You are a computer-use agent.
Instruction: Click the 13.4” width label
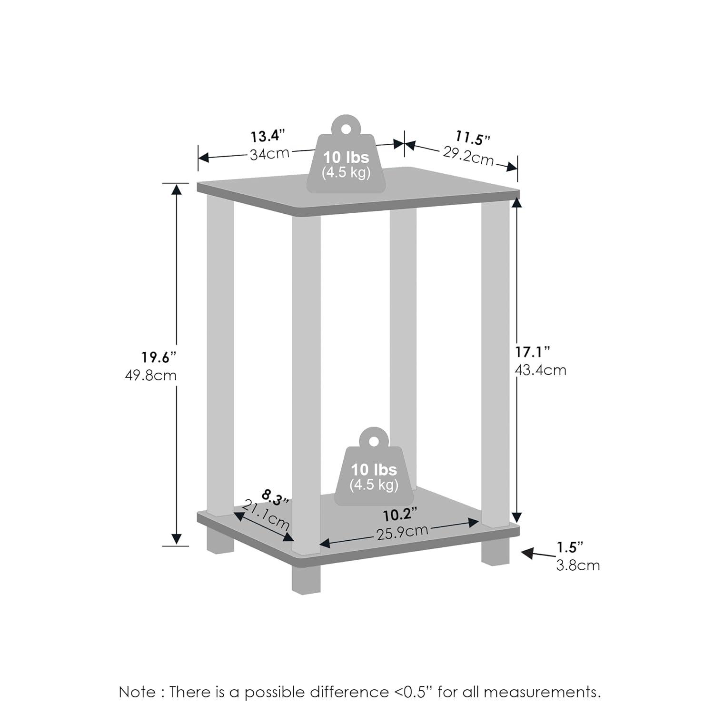pos(268,136)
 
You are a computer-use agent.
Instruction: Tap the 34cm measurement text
pos(269,154)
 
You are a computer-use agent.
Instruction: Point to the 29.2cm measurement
pos(468,156)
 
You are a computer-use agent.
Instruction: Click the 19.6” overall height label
pos(159,357)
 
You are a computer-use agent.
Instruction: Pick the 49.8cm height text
pos(151,376)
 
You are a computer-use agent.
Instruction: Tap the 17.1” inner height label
pos(533,352)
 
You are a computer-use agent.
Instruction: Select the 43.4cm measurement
pos(541,370)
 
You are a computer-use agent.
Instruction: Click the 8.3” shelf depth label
pos(275,498)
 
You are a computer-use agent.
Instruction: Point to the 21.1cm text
pos(266,516)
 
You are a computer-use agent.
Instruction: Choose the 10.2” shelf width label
pos(400,515)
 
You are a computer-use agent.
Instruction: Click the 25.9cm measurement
pos(402,532)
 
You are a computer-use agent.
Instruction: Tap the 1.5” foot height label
pos(570,547)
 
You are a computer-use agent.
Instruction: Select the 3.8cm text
pos(578,565)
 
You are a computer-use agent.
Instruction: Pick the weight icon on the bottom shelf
pos(374,469)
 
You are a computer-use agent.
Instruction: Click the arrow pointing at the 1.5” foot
pos(537,554)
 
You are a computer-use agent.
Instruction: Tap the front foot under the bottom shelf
pos(306,580)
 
